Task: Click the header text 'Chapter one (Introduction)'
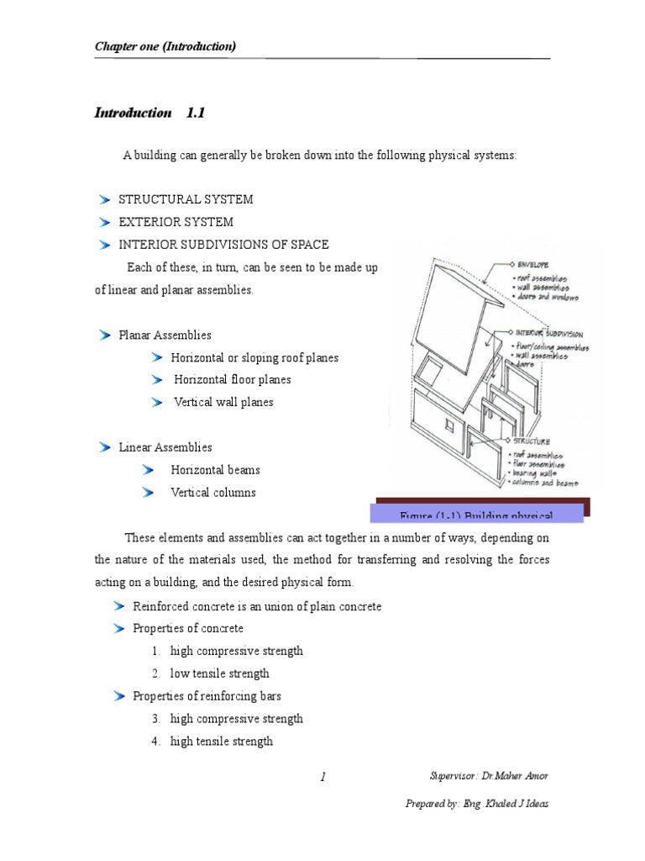165,46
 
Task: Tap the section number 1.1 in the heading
195,113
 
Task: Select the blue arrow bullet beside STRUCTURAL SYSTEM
104,199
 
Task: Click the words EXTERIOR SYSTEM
176,222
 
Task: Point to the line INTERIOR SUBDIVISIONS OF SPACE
223,245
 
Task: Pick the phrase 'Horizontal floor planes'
232,380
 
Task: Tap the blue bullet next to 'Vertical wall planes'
157,403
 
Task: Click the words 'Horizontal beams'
215,470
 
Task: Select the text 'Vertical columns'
212,493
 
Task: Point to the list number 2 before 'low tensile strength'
156,673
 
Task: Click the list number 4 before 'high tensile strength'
156,742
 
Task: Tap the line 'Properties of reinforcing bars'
207,696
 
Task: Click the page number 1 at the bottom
322,778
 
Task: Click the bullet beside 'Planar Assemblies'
104,335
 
